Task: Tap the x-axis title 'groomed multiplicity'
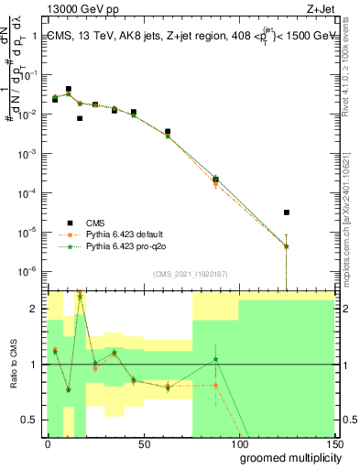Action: (x=287, y=457)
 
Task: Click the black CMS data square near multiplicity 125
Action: (x=287, y=213)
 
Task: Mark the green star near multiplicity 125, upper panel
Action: (x=287, y=246)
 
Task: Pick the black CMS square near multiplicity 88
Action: (x=215, y=179)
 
